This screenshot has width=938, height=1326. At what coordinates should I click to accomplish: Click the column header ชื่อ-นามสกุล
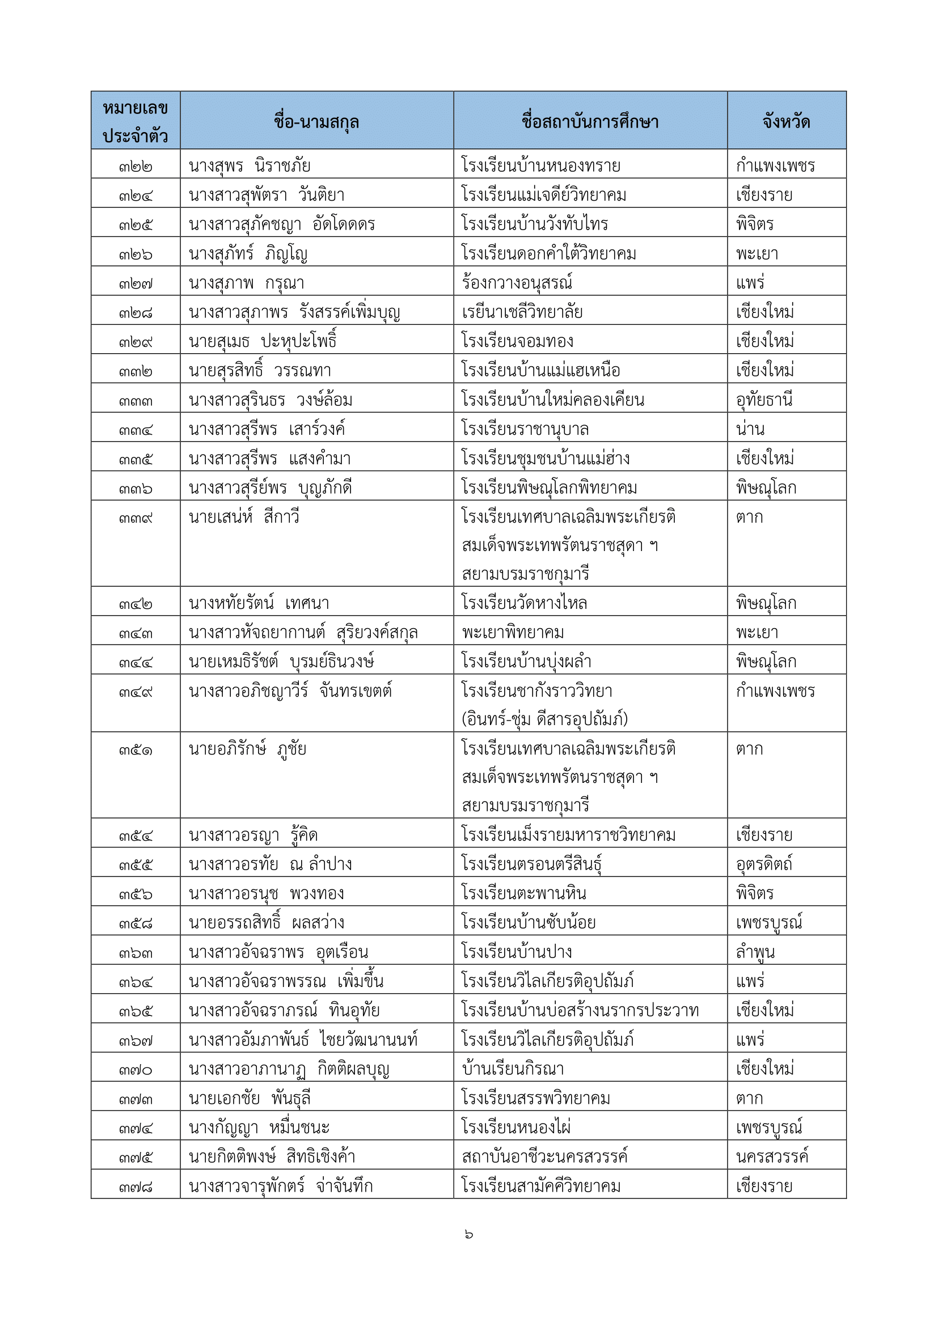click(316, 122)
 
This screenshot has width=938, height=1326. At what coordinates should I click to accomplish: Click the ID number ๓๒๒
click(136, 167)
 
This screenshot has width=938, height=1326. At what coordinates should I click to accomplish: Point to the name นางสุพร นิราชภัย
click(249, 166)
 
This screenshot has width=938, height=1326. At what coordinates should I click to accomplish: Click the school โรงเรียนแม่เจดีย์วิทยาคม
click(543, 195)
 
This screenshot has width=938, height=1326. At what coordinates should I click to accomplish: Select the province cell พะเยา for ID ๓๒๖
click(757, 253)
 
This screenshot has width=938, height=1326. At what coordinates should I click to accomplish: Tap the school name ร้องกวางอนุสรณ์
click(517, 283)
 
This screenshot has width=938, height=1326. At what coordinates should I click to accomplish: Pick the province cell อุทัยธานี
click(763, 400)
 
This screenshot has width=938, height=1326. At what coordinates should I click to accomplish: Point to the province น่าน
click(750, 429)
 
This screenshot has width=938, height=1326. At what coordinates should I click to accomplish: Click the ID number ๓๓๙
click(136, 518)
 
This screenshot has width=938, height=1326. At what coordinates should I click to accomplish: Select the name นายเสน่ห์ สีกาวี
click(244, 517)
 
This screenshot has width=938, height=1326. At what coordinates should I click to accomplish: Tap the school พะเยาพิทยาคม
click(512, 633)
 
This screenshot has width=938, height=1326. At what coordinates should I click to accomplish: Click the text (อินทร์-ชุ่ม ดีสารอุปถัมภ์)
click(544, 719)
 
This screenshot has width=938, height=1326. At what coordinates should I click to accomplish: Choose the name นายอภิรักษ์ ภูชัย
click(247, 749)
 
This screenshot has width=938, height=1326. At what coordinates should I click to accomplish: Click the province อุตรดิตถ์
click(763, 864)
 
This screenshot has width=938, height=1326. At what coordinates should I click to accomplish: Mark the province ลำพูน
click(755, 952)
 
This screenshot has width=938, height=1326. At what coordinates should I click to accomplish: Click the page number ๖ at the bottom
click(468, 1234)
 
